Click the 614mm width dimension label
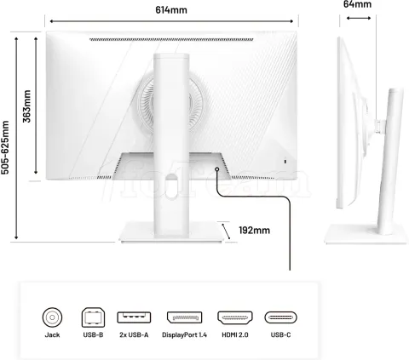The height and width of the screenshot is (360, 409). [x=171, y=10]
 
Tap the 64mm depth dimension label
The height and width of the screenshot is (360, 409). [x=357, y=4]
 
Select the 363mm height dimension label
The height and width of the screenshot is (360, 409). [x=26, y=106]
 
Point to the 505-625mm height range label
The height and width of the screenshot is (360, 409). [x=5, y=147]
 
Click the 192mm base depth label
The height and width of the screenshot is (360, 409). [x=254, y=230]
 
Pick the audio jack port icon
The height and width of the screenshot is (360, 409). [x=52, y=317]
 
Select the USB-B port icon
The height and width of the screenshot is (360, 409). [x=93, y=317]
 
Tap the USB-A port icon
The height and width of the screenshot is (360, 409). [x=134, y=317]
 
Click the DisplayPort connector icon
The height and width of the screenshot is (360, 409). [x=184, y=317]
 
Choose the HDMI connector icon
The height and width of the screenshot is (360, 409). [x=235, y=317]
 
